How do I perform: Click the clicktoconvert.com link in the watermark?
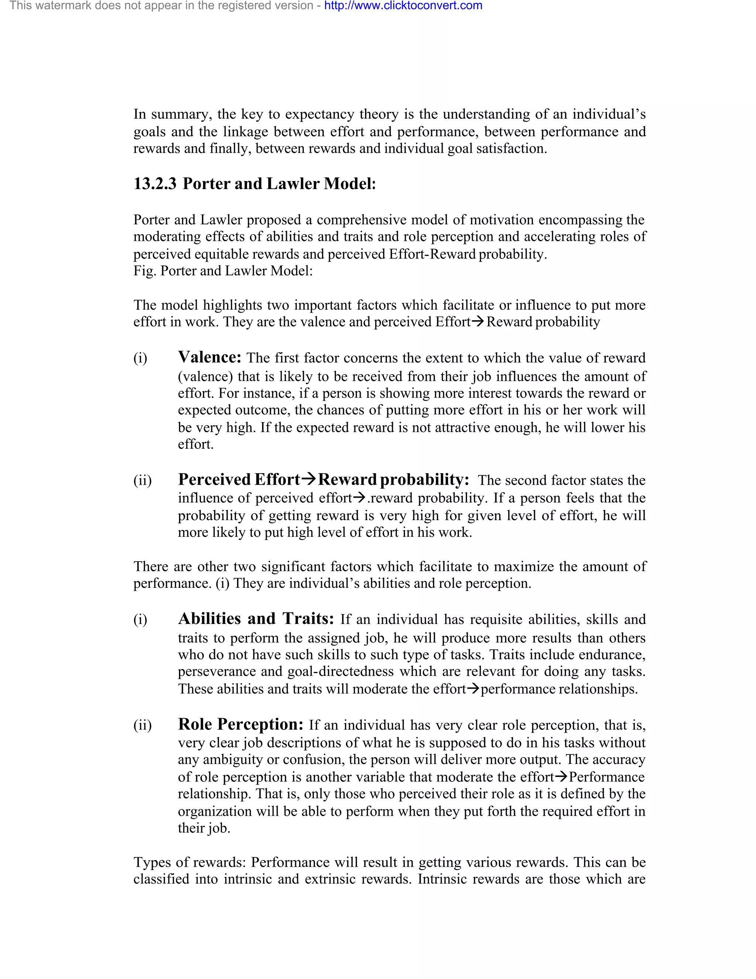coord(403,6)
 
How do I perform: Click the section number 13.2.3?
coord(155,184)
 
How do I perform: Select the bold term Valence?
coord(210,357)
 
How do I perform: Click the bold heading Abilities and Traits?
coord(256,618)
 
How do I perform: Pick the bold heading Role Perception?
coord(241,724)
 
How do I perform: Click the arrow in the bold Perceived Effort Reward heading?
coord(309,479)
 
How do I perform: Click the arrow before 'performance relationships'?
coord(473,689)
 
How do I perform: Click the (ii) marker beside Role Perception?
coord(142,725)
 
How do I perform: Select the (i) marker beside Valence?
coord(140,358)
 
